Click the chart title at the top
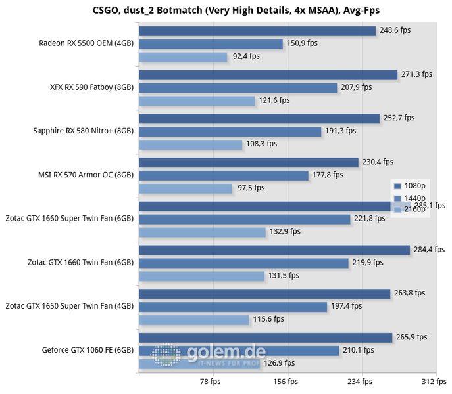pyautogui.click(x=225, y=10)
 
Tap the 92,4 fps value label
pyautogui.click(x=246, y=56)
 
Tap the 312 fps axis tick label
pyautogui.click(x=429, y=382)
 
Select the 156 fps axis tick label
pyautogui.click(x=285, y=382)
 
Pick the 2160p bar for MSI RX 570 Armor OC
pyautogui.click(x=186, y=188)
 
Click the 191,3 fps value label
pyautogui.click(x=340, y=131)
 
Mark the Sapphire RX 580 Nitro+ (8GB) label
pyautogui.click(x=84, y=131)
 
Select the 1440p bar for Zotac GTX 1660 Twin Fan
pyautogui.click(x=243, y=263)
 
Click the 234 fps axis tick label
pyautogui.click(x=360, y=382)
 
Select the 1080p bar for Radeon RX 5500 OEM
pyautogui.click(x=257, y=31)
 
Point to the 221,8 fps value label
pyautogui.click(x=368, y=219)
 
